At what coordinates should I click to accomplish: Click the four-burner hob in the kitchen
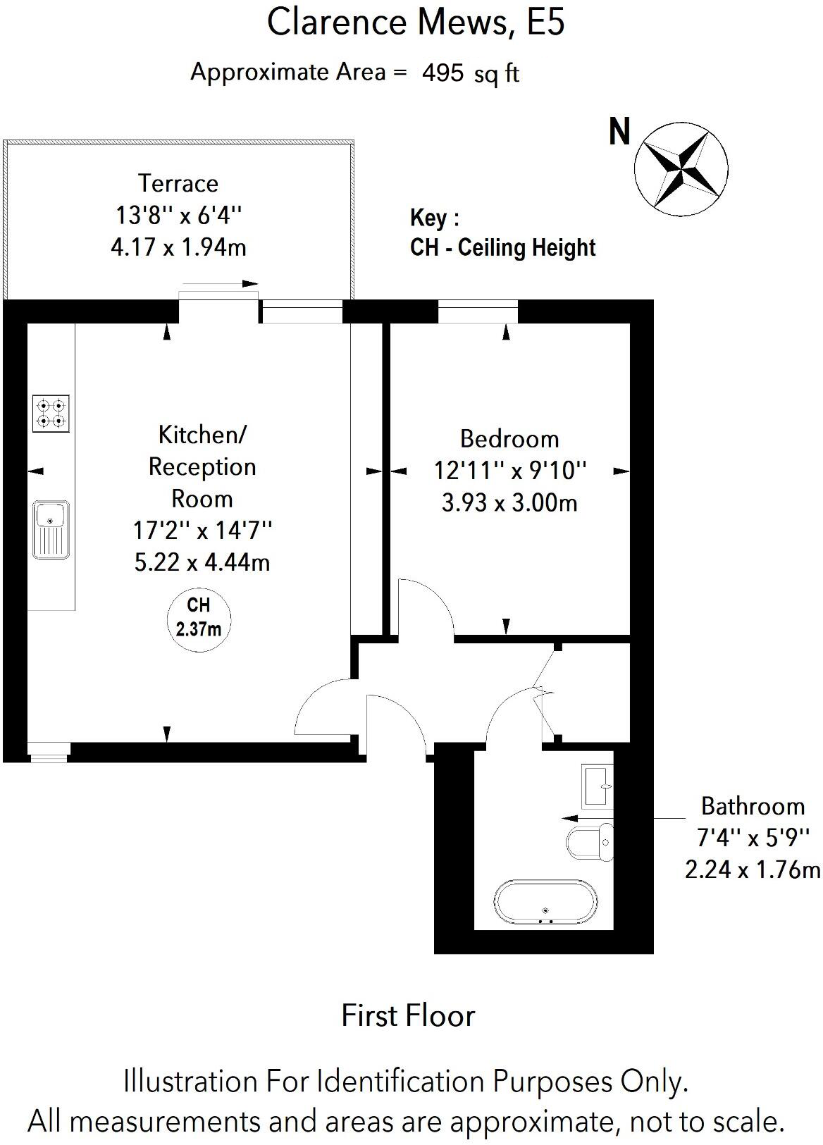(51, 414)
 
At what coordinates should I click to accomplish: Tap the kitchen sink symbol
(51, 529)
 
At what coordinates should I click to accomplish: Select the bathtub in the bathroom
(546, 901)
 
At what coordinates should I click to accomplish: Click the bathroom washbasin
(598, 786)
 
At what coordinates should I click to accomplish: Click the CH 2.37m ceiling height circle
(199, 617)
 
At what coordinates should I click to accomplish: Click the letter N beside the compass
(620, 132)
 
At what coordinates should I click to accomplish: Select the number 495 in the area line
(443, 73)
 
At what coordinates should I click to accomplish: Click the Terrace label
(178, 183)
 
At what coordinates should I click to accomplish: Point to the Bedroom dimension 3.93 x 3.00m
(509, 502)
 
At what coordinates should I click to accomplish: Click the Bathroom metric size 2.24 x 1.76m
(753, 869)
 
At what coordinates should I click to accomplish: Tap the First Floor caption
(408, 1015)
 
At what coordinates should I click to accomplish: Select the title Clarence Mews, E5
(416, 23)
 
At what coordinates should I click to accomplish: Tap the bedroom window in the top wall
(478, 311)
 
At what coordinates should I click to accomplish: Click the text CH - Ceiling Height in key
(502, 247)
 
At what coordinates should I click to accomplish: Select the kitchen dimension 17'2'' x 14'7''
(202, 529)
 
